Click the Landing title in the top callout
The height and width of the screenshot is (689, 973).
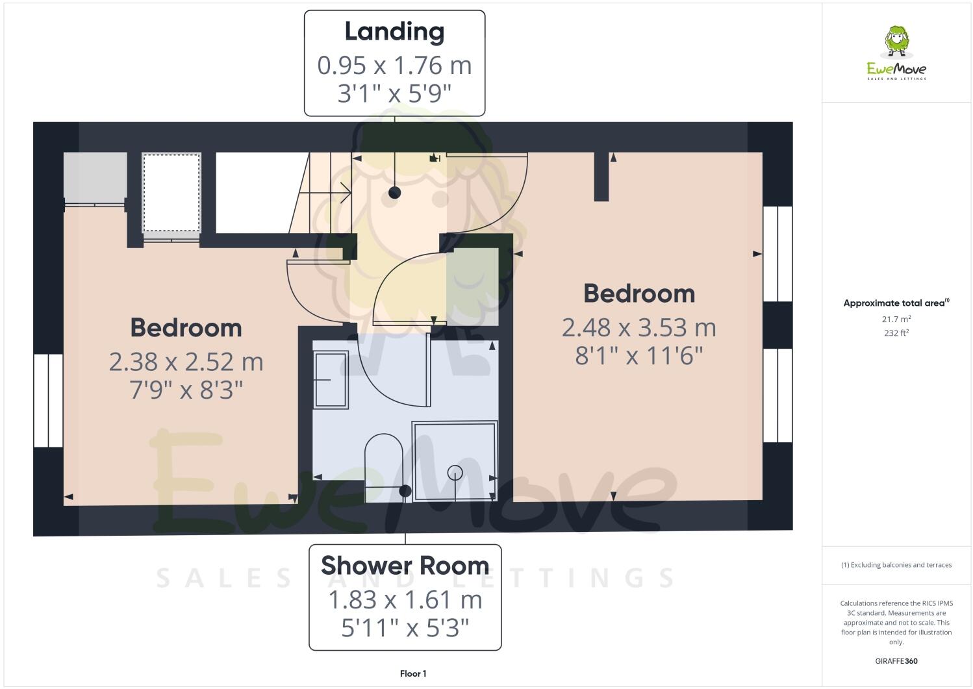(x=394, y=32)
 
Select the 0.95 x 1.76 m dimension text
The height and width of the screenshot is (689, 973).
(x=394, y=66)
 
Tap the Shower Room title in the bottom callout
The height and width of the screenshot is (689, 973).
(x=405, y=566)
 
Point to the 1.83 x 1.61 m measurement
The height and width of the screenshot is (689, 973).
(x=405, y=599)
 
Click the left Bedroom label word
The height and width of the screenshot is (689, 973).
(x=186, y=327)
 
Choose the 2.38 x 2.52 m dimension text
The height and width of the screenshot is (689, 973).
(x=186, y=362)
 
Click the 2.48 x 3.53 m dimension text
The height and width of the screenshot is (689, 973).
(x=638, y=327)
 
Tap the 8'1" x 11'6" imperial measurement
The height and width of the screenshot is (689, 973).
(x=638, y=356)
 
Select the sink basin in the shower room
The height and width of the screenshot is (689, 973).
(x=331, y=379)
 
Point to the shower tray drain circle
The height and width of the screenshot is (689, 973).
(x=455, y=472)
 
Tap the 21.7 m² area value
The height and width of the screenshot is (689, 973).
(x=896, y=319)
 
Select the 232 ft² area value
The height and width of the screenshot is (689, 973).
(x=896, y=333)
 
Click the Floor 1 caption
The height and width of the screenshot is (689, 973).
(x=413, y=673)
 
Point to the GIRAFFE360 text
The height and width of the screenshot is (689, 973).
(x=896, y=661)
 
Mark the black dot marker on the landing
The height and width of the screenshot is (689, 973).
(x=394, y=192)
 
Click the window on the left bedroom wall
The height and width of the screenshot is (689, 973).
(x=49, y=400)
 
